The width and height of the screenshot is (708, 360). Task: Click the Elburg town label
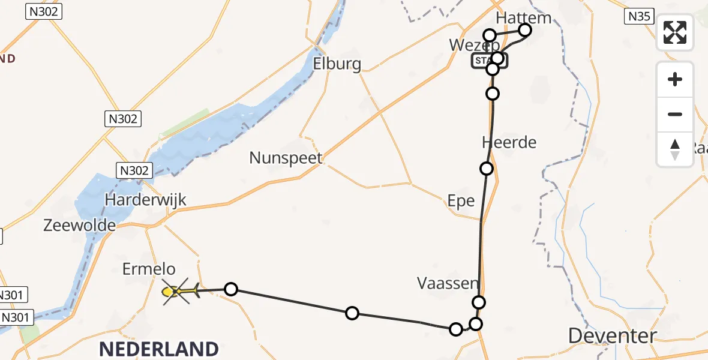(337, 64)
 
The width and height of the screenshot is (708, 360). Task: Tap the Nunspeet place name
(286, 158)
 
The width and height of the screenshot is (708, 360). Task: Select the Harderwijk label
(146, 200)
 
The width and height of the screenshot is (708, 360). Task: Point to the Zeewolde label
(80, 226)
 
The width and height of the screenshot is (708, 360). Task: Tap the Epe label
(461, 201)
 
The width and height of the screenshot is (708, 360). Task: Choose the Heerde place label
(509, 143)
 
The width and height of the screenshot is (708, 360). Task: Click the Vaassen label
(448, 283)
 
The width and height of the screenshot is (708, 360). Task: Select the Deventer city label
(612, 336)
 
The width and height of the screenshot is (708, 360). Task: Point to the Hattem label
(524, 17)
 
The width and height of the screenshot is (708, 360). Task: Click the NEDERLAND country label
(158, 349)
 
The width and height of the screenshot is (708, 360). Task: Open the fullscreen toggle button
(675, 32)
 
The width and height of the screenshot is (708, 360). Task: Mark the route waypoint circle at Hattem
(525, 30)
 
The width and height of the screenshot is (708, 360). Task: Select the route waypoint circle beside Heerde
(487, 169)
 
